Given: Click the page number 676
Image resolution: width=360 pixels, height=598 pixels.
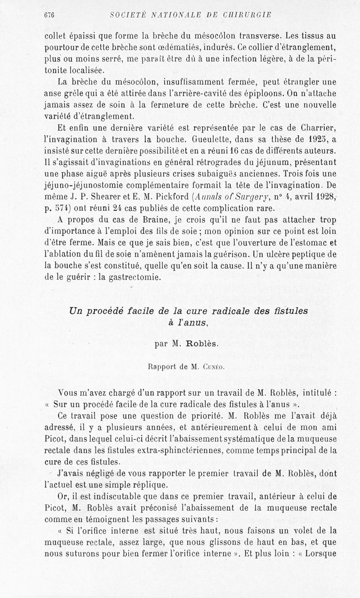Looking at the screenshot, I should pos(49,15).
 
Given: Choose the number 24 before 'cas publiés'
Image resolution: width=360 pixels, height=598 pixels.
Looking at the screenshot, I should pos(116,208).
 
